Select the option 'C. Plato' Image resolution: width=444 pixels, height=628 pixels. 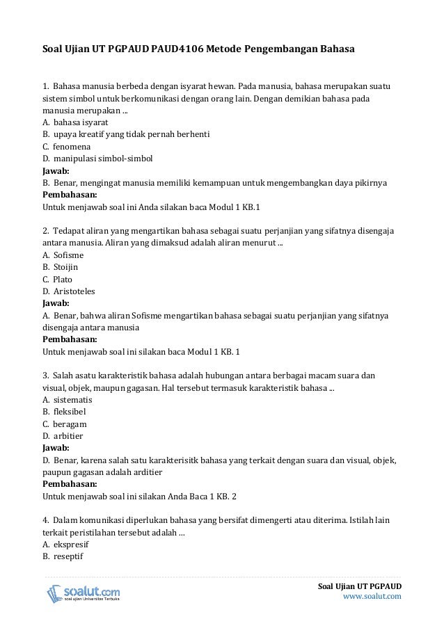click(58, 279)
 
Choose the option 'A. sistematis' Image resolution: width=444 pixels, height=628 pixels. click(68, 400)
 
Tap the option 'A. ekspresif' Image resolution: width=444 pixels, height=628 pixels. click(66, 545)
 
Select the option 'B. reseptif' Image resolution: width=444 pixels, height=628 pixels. click(63, 556)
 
